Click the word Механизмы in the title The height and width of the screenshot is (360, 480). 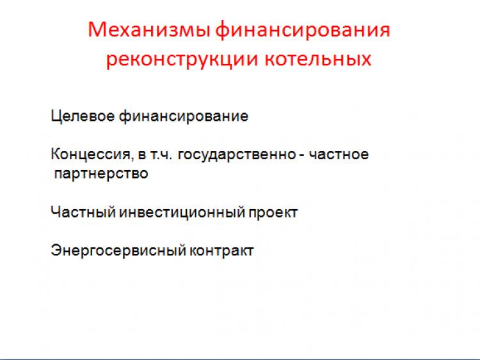tap(149, 29)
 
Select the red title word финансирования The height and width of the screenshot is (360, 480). tap(303, 29)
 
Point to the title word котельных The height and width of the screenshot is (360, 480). tap(318, 58)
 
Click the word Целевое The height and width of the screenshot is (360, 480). tap(83, 116)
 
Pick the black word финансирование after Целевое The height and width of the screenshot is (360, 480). tap(184, 116)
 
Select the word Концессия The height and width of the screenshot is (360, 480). tap(91, 155)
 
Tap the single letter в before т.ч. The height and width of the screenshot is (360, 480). tap(141, 155)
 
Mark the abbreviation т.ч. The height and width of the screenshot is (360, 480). tap(161, 155)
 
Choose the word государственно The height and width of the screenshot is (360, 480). tap(237, 155)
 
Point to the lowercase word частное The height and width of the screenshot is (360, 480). tap(339, 155)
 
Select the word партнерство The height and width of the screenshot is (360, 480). tap(101, 174)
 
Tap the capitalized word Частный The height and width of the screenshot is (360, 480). tap(83, 212)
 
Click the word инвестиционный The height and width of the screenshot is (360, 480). tap(182, 212)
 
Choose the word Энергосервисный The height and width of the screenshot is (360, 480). tap(118, 251)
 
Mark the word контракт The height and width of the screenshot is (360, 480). tap(221, 251)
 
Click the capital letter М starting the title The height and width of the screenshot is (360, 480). tap(96, 29)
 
